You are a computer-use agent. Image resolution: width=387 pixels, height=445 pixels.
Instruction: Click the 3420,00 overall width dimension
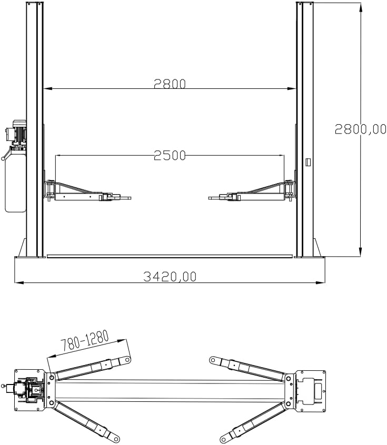point(170,276)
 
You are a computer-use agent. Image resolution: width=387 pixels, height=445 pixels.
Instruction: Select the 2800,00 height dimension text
point(361,129)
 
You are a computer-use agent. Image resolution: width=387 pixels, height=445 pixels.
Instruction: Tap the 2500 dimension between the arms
point(170,155)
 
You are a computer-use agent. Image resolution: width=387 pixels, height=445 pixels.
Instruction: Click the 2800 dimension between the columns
point(170,84)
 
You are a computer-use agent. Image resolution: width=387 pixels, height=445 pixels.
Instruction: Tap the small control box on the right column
point(309,162)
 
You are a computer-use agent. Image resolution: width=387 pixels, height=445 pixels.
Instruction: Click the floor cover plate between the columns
point(170,256)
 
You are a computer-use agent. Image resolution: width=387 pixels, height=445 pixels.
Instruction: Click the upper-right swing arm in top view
point(250,368)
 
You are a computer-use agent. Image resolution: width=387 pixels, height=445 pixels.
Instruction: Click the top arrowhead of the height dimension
point(361,6)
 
